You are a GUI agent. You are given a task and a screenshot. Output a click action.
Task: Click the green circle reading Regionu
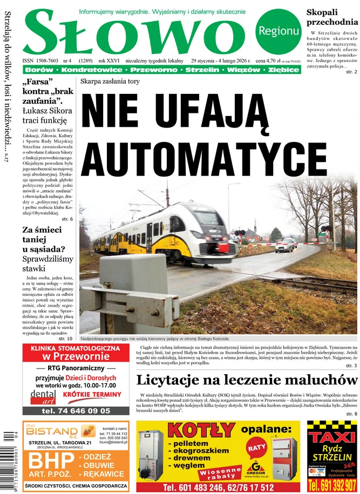pos(278,31)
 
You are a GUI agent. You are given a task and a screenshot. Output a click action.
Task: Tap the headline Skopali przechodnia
pos(331,17)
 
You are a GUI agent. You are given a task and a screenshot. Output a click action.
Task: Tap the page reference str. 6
pos(67,219)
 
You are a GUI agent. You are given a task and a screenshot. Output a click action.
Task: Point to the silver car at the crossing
pos(284,246)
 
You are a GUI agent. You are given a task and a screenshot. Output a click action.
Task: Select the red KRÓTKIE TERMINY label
pos(96,395)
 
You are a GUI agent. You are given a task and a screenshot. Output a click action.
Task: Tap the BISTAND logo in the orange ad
pos(53,431)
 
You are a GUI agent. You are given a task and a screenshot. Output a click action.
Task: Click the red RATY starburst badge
pos(256,447)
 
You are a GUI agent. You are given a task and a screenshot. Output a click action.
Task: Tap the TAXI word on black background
pos(331,435)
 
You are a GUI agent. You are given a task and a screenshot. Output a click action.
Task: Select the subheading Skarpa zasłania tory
pos(110,82)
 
